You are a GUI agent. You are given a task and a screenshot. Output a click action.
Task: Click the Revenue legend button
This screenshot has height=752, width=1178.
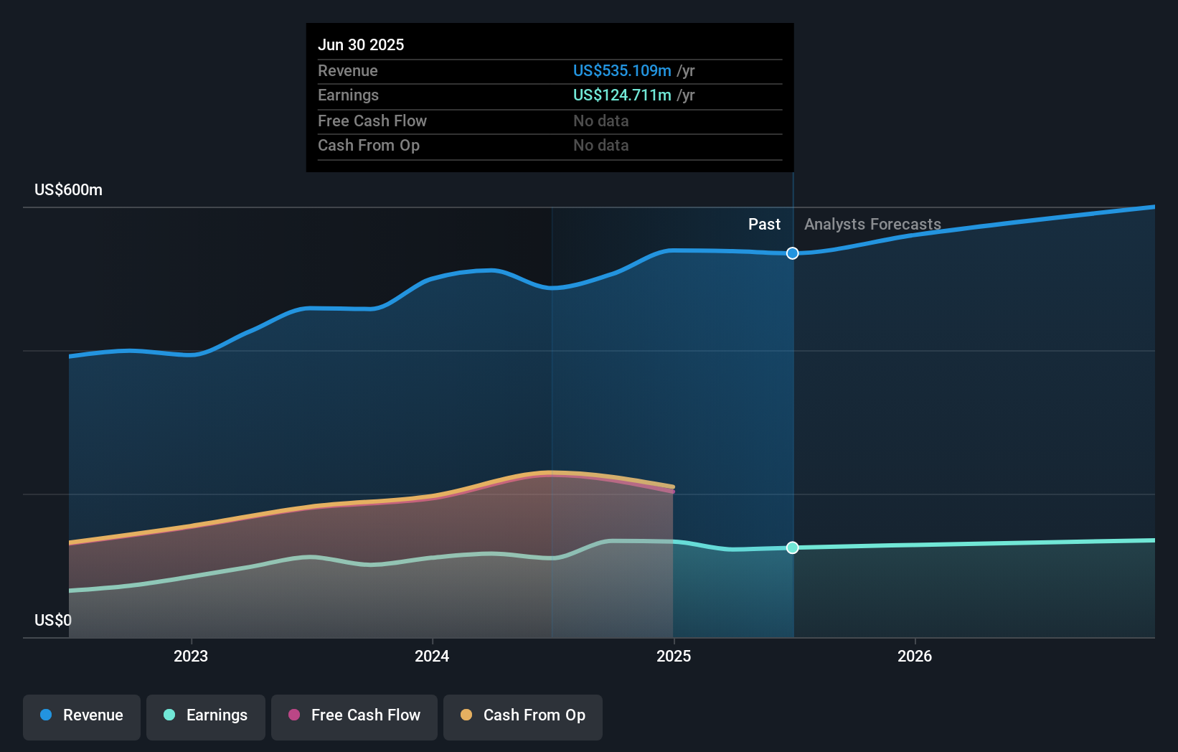[x=82, y=716]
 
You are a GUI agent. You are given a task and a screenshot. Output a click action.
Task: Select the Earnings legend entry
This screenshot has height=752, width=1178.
[x=206, y=716]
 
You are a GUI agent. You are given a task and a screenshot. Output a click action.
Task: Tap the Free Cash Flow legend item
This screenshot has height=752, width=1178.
[x=354, y=716]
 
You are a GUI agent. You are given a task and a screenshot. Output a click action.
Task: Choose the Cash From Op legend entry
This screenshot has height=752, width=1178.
[x=523, y=716]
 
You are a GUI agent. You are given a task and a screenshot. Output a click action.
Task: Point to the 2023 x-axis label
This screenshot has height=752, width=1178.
[x=191, y=656]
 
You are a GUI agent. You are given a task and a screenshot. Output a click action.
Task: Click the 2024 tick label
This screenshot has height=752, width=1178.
[x=432, y=656]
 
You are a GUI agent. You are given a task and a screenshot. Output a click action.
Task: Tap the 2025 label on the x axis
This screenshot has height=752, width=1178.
[x=674, y=656]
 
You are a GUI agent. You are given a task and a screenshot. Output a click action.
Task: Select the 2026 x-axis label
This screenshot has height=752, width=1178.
[x=915, y=656]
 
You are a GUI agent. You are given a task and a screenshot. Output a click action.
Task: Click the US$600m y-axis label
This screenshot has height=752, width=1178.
[x=69, y=190]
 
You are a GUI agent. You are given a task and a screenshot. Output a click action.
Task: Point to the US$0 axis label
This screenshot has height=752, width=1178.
[x=53, y=620]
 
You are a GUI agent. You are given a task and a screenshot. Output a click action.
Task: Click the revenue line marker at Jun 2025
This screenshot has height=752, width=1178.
[x=792, y=253]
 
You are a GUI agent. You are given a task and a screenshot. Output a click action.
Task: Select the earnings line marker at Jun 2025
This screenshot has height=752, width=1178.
[x=792, y=547]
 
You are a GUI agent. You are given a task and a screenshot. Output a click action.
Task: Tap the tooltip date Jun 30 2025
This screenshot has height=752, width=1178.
[x=361, y=45]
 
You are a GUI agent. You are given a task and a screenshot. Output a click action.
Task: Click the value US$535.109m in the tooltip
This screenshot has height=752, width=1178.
[x=622, y=71]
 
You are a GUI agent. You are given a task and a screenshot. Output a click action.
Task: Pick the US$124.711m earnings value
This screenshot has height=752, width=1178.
[x=622, y=95]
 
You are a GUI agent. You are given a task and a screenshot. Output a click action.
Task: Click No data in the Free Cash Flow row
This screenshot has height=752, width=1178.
[x=600, y=121]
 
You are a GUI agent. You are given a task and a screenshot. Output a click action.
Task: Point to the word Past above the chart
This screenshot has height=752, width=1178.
[x=764, y=225]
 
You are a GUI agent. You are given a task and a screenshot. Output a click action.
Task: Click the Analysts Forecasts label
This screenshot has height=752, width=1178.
[x=872, y=225]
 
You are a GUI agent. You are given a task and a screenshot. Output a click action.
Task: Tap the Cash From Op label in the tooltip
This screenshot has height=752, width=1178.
[x=369, y=146]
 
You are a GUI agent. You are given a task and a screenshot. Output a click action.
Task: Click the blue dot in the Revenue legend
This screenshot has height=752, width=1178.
[x=46, y=715]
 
